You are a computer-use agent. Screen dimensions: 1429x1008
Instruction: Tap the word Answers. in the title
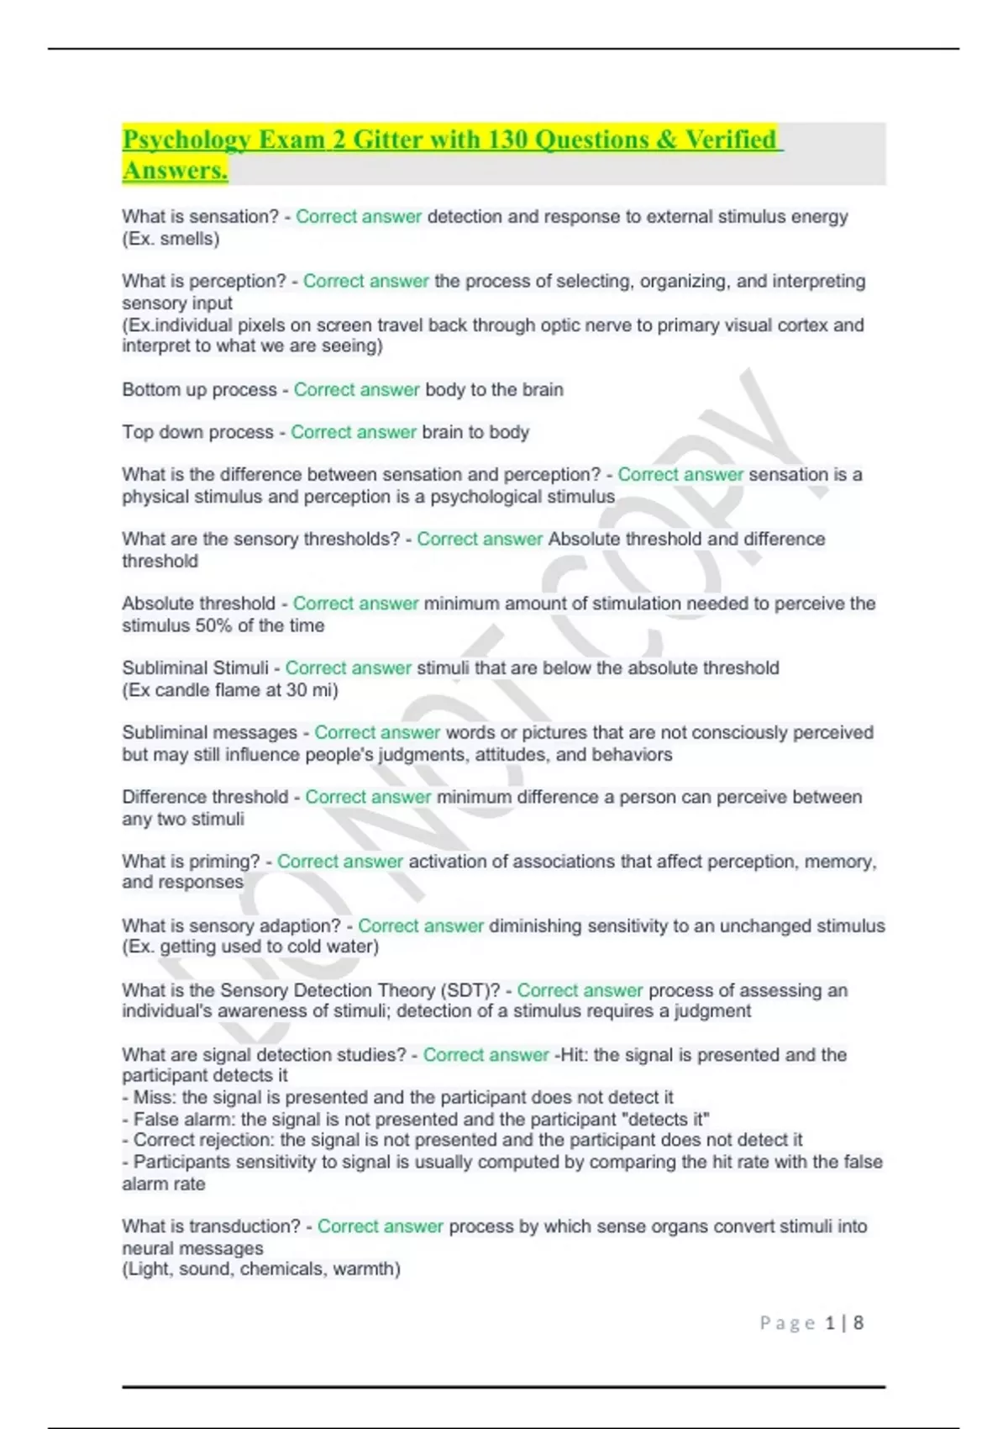(x=176, y=171)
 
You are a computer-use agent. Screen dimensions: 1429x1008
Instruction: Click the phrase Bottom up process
(x=199, y=390)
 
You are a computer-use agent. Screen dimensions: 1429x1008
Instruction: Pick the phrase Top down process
(x=197, y=432)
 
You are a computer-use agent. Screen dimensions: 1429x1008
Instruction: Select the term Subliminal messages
(x=209, y=732)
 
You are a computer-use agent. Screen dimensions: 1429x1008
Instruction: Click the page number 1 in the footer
(x=830, y=1323)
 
